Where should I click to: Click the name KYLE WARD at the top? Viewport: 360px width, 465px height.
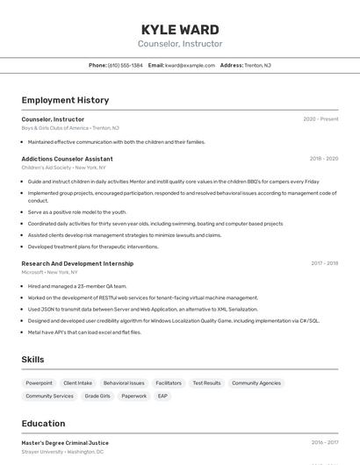click(x=180, y=30)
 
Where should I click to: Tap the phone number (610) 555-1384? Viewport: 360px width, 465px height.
click(x=125, y=65)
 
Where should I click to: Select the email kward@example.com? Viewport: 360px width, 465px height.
click(x=190, y=65)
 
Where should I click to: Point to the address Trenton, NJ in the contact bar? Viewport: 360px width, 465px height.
click(x=257, y=65)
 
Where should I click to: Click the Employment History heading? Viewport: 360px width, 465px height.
click(x=65, y=100)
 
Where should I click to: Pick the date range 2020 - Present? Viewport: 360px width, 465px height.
click(x=320, y=119)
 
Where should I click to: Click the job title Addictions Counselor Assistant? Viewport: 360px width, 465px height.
click(x=67, y=159)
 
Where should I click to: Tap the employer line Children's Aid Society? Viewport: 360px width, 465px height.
click(x=46, y=167)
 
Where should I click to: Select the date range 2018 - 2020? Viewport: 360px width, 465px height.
click(x=323, y=159)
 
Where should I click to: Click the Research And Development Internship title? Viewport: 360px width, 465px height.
click(x=77, y=263)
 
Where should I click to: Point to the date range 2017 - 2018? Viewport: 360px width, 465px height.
click(x=323, y=263)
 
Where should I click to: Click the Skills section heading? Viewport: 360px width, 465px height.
click(x=32, y=360)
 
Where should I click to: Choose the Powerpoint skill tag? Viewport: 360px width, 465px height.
click(x=39, y=383)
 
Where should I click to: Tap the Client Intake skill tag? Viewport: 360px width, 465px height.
click(x=78, y=383)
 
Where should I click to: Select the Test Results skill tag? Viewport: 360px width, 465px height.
click(x=206, y=383)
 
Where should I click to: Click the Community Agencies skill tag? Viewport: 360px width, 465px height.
click(x=256, y=383)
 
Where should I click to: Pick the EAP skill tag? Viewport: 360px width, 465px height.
click(x=162, y=397)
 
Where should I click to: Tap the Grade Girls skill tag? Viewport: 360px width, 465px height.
click(x=97, y=397)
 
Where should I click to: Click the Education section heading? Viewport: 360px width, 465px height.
click(x=43, y=423)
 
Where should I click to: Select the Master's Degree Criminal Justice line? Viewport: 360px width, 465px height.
click(x=65, y=443)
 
